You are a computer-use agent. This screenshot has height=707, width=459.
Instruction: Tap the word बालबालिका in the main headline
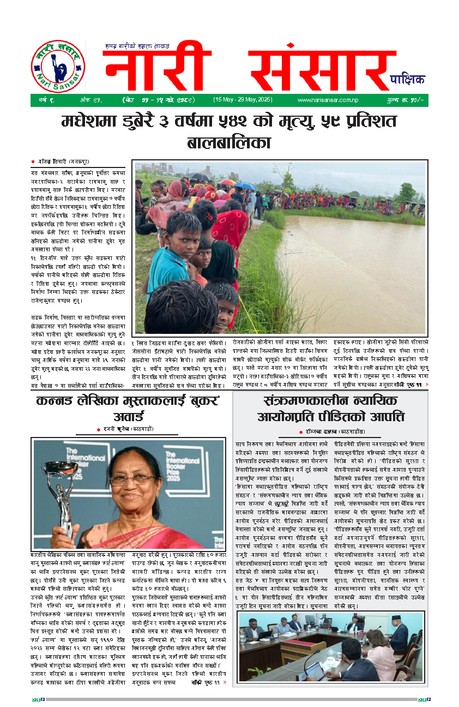tap(229, 143)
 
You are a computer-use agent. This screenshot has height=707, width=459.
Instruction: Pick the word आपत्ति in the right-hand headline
tap(384, 417)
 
